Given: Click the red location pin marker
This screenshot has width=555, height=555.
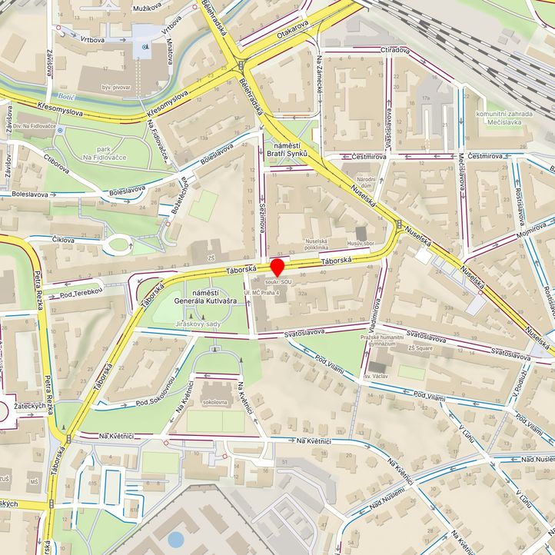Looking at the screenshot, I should coord(277,267).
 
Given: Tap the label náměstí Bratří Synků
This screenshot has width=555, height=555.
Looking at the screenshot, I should coord(286,149).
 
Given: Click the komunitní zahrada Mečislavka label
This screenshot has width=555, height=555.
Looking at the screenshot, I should coord(503,118).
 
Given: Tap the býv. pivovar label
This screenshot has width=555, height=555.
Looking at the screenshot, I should coord(117,88).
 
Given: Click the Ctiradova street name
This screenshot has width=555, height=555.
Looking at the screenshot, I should coord(394,50).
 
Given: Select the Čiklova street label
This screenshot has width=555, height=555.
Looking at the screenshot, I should coord(64,240).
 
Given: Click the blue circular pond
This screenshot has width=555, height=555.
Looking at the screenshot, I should coord(176,539).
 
